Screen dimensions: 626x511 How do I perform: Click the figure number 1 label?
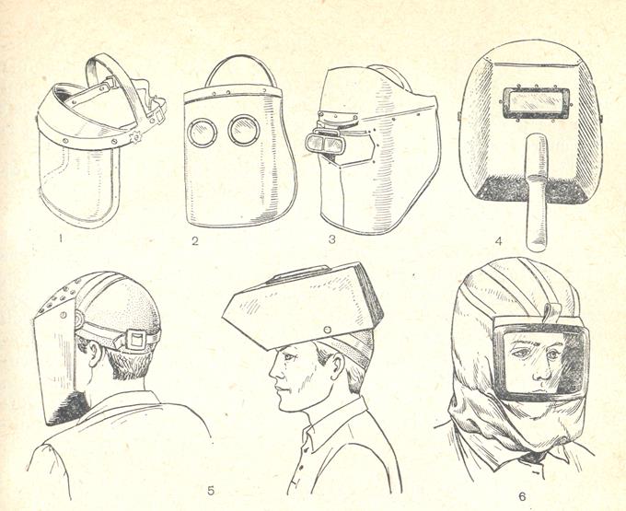point(61,238)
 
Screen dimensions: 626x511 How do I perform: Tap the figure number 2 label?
point(195,240)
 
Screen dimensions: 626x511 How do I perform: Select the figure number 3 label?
point(331,239)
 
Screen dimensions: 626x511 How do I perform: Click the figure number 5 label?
point(211,490)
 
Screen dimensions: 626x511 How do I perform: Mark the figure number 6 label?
point(522,496)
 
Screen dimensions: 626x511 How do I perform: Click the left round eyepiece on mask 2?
point(202,133)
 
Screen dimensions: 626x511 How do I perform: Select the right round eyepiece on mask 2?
point(244,130)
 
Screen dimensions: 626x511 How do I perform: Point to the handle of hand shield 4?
point(536,192)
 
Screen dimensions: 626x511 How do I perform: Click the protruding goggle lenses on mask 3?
point(324,144)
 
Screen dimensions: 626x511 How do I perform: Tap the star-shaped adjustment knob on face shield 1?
point(136,137)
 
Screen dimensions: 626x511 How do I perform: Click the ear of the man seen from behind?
point(95,353)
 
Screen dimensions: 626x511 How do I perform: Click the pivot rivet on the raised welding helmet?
point(328,331)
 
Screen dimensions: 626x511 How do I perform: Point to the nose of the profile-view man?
point(273,373)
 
